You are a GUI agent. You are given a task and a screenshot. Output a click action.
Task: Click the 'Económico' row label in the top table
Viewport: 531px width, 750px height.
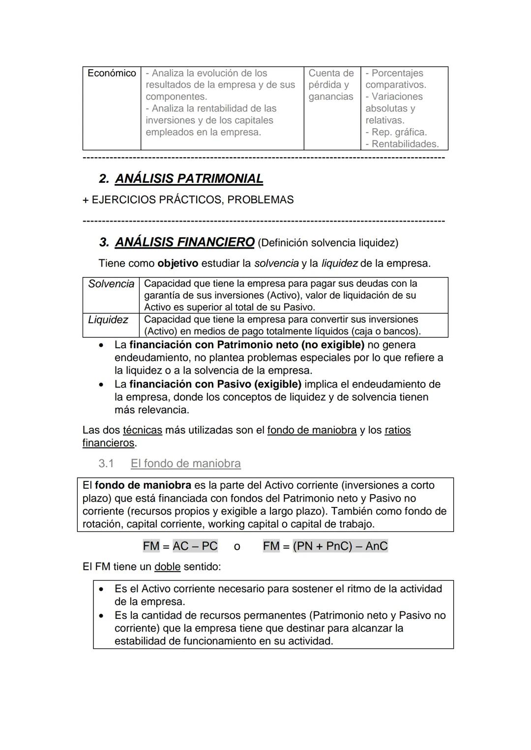[112, 73]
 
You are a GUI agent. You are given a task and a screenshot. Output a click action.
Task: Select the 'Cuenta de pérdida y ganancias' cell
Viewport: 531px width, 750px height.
[331, 85]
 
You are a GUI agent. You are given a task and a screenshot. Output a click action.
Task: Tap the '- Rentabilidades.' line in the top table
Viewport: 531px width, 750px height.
[402, 144]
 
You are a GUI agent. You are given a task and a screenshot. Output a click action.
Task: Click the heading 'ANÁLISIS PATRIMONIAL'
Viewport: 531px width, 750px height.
[189, 179]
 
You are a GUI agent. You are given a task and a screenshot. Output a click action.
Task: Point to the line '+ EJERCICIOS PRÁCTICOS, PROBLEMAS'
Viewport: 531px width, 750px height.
[188, 200]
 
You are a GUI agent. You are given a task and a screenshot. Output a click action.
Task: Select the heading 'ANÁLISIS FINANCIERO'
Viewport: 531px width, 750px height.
[184, 242]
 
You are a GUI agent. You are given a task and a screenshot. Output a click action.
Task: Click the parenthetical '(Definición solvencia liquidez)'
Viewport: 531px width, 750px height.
[328, 243]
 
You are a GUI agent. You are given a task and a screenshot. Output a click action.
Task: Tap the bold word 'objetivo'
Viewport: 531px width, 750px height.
[177, 263]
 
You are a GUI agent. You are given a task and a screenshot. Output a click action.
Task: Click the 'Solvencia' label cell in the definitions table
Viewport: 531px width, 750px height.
[111, 284]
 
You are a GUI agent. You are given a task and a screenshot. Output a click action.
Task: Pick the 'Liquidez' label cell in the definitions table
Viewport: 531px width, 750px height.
[108, 320]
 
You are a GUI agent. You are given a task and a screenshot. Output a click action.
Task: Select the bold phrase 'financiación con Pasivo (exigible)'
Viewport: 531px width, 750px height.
[215, 384]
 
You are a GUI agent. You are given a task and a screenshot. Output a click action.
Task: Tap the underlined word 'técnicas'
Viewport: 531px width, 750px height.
[142, 430]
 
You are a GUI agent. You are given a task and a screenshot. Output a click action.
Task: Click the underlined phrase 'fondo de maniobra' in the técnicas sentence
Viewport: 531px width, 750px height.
[312, 430]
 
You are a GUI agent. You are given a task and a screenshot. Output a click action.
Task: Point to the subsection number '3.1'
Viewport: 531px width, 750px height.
[106, 464]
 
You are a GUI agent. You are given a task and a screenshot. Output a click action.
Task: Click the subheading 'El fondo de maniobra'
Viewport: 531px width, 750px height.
[185, 464]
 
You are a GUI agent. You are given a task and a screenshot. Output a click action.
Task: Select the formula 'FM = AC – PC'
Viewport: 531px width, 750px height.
[180, 546]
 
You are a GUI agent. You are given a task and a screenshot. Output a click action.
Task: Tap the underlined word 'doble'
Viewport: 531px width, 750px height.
[167, 567]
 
